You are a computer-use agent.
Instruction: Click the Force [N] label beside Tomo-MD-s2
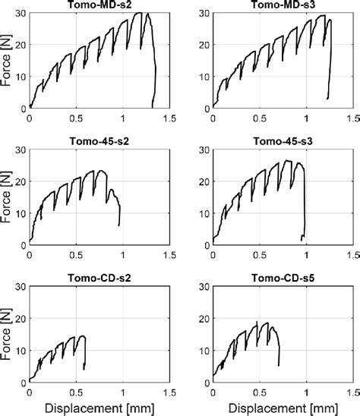coord(7,61)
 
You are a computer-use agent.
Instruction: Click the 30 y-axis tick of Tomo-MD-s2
coord(21,14)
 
